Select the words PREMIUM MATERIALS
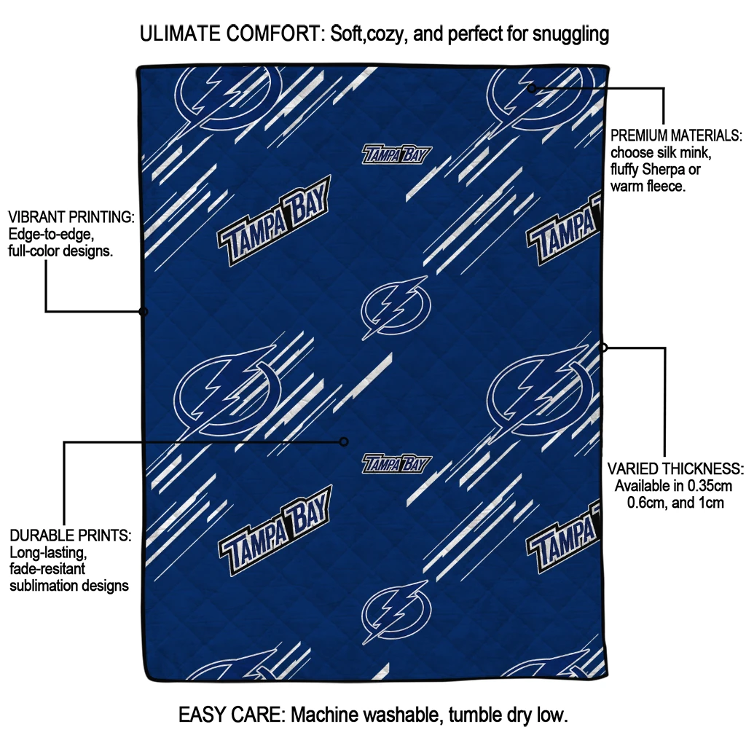(676, 136)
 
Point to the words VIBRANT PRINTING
(71, 217)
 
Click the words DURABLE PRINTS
(71, 535)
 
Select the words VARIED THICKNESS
(675, 469)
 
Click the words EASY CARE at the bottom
(232, 715)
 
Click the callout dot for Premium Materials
(532, 88)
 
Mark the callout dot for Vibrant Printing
(144, 312)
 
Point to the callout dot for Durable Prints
(344, 442)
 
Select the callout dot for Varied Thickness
(603, 348)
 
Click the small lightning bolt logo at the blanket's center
(396, 307)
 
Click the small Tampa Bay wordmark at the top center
(397, 154)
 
